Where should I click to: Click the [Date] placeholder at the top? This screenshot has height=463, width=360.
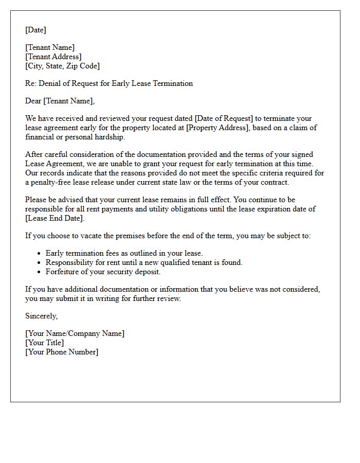[x=35, y=30]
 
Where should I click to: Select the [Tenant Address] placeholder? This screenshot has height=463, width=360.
[x=53, y=57]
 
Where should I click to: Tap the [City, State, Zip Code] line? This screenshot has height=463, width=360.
[x=62, y=66]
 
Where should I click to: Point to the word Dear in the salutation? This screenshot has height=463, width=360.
[x=33, y=101]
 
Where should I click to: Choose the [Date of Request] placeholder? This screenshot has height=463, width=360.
[x=224, y=118]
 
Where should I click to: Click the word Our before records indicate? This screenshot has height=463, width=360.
[x=32, y=173]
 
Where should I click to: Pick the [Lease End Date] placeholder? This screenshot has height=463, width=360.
[x=55, y=218]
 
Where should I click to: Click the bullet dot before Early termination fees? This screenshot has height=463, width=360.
[x=40, y=254]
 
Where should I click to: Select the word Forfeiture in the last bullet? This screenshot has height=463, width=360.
[x=63, y=272]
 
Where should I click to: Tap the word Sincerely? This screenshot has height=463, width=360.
[x=41, y=316]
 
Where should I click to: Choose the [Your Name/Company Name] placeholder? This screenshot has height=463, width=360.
[x=75, y=333]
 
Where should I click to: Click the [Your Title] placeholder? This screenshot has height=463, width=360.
[x=44, y=343]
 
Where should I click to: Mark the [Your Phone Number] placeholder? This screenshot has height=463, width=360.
[x=61, y=352]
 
